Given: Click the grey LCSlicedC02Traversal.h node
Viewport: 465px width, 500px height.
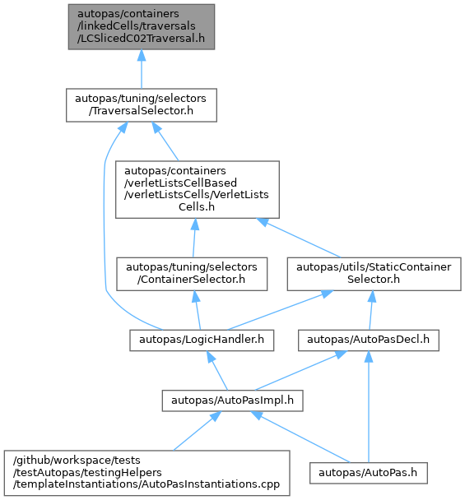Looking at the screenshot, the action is click(x=142, y=27).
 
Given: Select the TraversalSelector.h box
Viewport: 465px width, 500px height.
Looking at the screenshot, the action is click(x=142, y=105).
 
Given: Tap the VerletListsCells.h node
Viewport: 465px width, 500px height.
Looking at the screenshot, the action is click(x=198, y=189).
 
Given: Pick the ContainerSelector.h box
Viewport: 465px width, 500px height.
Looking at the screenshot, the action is click(x=192, y=274).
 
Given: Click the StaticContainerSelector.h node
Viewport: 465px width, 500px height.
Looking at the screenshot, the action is click(x=374, y=274).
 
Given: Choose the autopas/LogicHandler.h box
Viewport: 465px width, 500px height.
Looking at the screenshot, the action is click(x=202, y=340).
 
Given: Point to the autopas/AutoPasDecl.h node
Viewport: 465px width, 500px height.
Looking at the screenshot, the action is click(x=369, y=340).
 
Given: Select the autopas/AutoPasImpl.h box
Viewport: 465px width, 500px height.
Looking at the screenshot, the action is click(x=232, y=400).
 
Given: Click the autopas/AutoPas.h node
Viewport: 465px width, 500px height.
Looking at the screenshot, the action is click(x=369, y=473).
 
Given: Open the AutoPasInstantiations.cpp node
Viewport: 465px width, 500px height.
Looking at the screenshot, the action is click(x=147, y=473).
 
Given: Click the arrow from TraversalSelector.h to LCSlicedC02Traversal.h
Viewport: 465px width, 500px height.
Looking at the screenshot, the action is click(x=142, y=69).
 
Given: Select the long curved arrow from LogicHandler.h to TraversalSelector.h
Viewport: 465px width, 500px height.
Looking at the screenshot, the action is click(x=105, y=223).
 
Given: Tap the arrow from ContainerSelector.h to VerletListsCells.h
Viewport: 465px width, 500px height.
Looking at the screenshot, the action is click(x=194, y=238).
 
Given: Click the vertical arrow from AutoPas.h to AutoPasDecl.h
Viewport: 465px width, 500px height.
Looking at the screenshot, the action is click(x=369, y=406).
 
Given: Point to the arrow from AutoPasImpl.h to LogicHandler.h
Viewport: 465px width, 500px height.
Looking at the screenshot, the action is click(x=217, y=371).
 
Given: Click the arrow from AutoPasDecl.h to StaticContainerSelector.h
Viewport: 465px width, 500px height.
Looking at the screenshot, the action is click(x=371, y=310).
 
